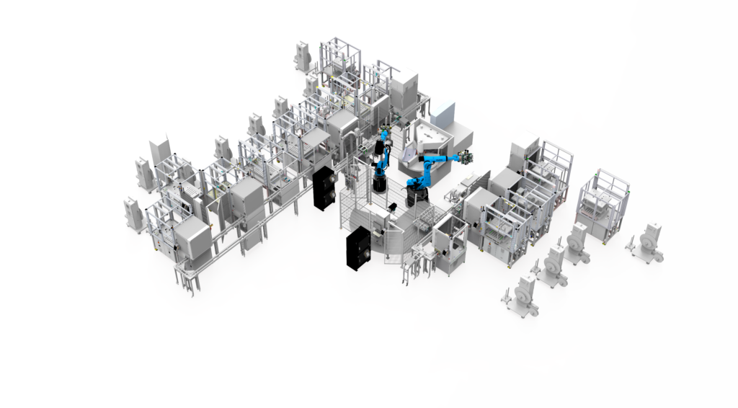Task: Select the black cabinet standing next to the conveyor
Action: pos(324,188)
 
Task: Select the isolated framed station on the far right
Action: pos(604,206)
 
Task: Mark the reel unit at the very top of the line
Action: pos(303,56)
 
